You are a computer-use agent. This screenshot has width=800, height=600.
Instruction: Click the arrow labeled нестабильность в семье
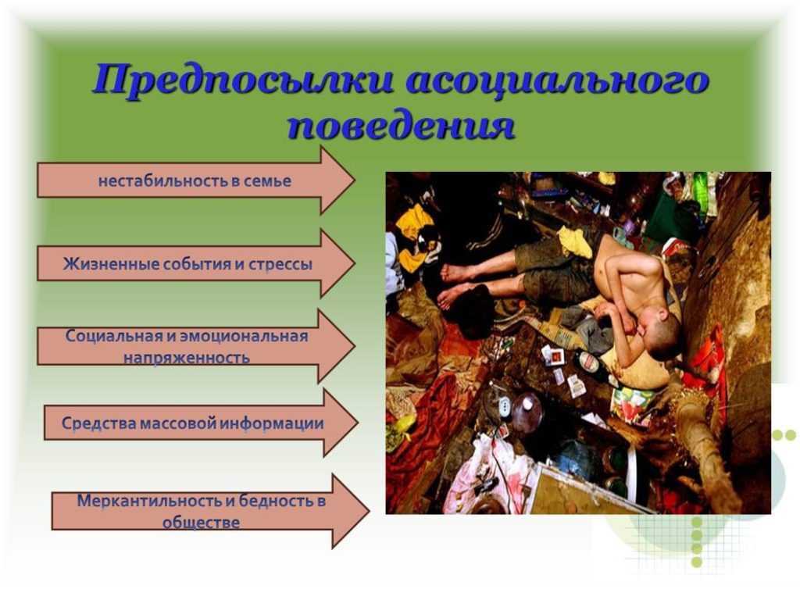196,180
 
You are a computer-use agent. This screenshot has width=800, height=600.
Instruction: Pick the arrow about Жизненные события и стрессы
196,263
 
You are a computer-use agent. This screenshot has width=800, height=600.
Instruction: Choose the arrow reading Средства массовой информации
201,423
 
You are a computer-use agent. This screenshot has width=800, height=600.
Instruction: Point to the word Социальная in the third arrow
113,337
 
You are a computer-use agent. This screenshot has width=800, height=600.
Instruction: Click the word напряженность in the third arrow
186,358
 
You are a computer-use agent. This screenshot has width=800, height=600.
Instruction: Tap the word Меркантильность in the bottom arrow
149,501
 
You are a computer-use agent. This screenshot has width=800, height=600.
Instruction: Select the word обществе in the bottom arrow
201,523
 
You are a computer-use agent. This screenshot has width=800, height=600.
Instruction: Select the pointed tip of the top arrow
355,180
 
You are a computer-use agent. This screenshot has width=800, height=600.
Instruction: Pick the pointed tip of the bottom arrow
369,511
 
